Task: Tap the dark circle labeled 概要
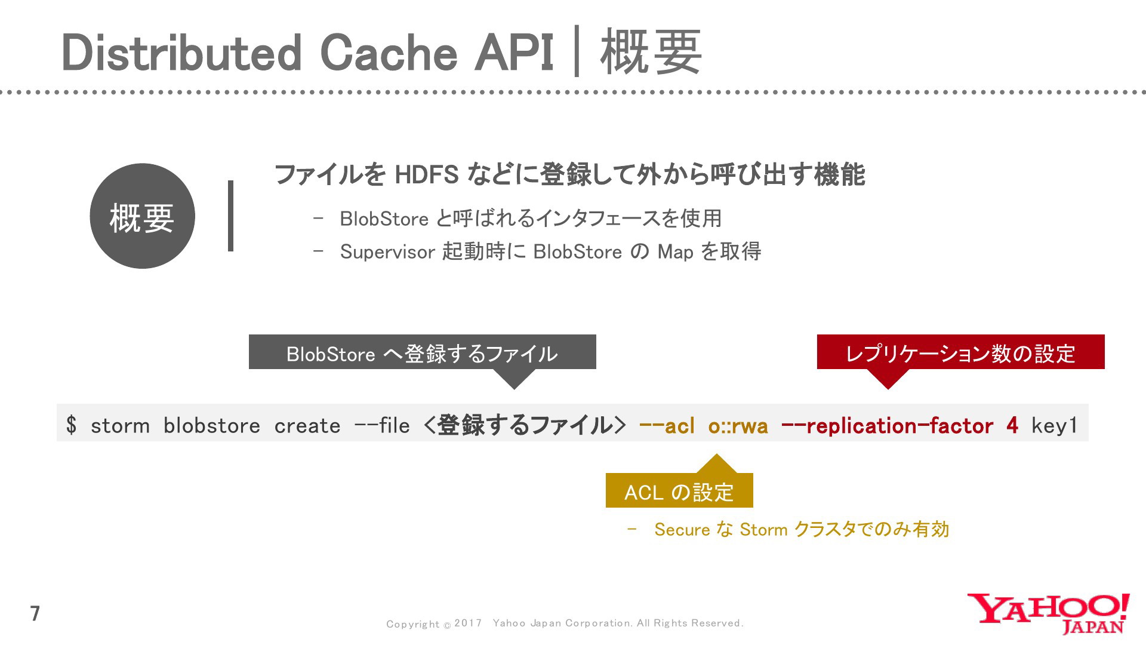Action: [142, 216]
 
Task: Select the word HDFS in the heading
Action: [426, 175]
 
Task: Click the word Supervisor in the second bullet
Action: [387, 252]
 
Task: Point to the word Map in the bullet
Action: [675, 253]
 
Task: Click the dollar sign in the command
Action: [72, 425]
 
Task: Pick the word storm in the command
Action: [120, 426]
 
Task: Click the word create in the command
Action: [307, 426]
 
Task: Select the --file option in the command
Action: [382, 426]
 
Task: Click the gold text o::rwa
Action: [738, 426]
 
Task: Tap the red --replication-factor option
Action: [887, 426]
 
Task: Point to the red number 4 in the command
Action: [1012, 425]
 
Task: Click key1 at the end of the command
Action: [1054, 426]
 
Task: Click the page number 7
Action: [35, 613]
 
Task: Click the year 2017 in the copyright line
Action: [468, 623]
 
